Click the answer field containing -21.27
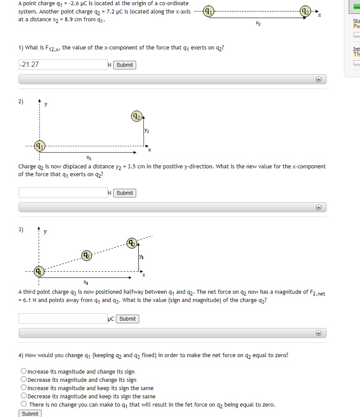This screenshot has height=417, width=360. click(x=63, y=65)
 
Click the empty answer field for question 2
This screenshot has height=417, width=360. click(x=63, y=193)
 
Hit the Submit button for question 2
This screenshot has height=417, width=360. click(x=124, y=193)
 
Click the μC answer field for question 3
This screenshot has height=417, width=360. click(x=63, y=318)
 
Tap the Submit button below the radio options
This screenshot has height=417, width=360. click(x=30, y=414)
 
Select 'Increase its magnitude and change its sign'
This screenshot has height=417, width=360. click(x=23, y=371)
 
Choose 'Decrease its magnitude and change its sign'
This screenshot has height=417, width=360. click(x=23, y=380)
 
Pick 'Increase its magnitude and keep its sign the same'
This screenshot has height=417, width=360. click(x=23, y=388)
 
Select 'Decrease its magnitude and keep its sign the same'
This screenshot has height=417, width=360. click(x=23, y=396)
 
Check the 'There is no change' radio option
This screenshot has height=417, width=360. click(x=23, y=404)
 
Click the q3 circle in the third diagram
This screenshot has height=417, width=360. click(x=86, y=255)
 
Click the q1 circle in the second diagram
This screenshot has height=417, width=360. click(x=40, y=145)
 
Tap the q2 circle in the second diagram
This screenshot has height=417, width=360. click(x=136, y=116)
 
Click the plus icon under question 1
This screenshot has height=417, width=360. click(x=318, y=79)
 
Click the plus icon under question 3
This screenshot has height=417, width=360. click(x=318, y=333)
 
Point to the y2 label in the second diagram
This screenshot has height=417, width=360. click(x=147, y=131)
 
